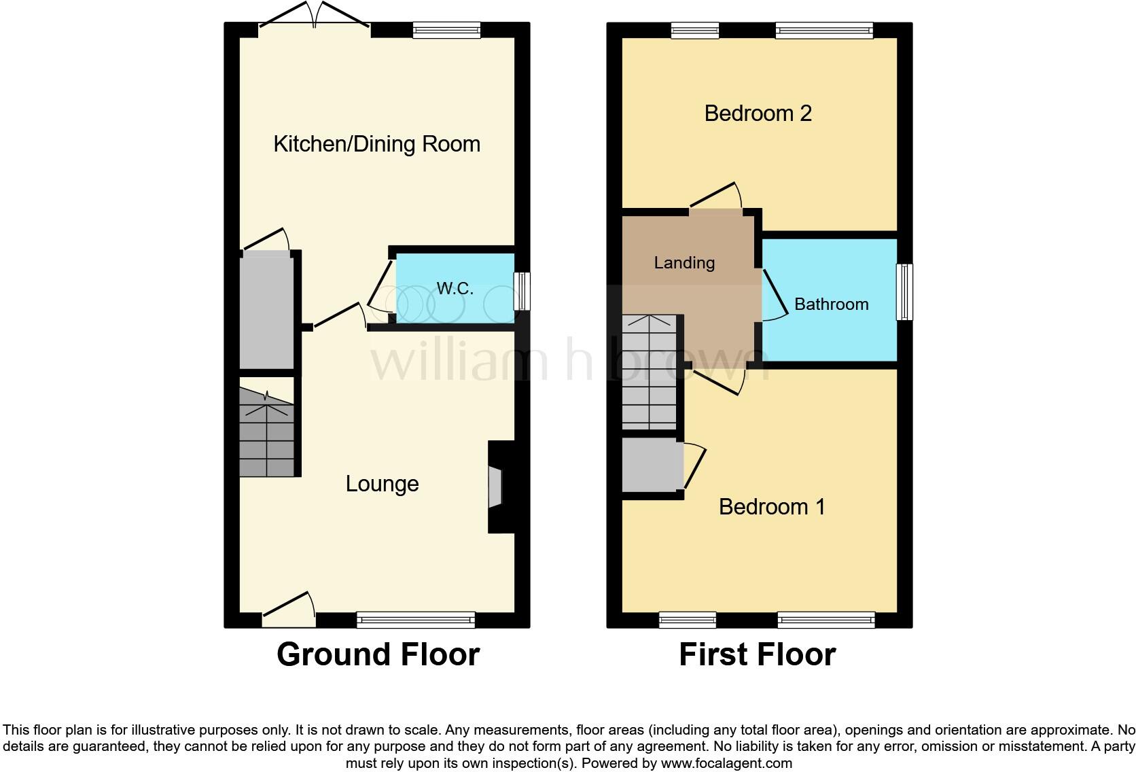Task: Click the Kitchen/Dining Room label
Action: (x=376, y=144)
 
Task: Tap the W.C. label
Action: (x=455, y=289)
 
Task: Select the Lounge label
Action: (x=382, y=484)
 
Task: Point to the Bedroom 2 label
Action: (x=758, y=113)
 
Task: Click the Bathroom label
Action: (x=831, y=304)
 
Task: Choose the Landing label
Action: (x=684, y=263)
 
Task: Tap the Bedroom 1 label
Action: (x=771, y=507)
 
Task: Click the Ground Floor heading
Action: (x=378, y=654)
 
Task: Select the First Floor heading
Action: (x=757, y=654)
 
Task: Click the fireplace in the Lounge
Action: (x=495, y=487)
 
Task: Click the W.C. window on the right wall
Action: (x=522, y=291)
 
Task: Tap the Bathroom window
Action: (x=904, y=292)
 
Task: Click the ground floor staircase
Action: (x=267, y=434)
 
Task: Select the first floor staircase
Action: (x=650, y=372)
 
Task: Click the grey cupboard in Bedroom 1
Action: (x=652, y=465)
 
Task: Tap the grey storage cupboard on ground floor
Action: (x=266, y=311)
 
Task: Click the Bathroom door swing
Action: (x=772, y=296)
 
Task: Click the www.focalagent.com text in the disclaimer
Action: (x=726, y=763)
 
